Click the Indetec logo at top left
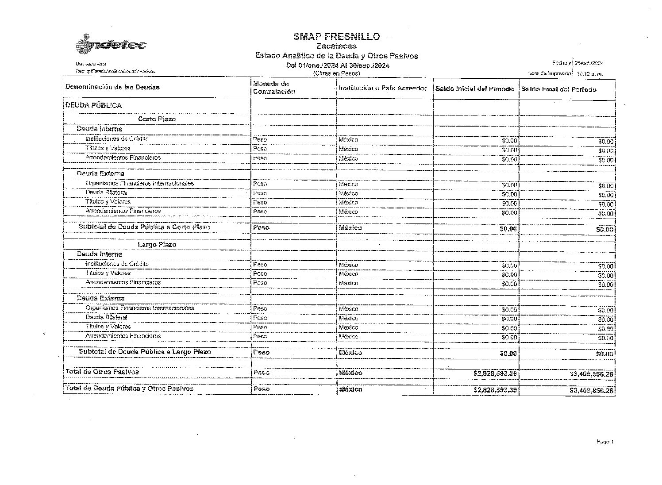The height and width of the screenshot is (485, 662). [x=111, y=45]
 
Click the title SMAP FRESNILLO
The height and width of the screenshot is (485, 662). [x=336, y=37]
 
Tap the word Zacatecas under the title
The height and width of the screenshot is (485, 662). [x=336, y=46]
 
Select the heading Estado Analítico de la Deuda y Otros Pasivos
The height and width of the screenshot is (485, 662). [x=336, y=56]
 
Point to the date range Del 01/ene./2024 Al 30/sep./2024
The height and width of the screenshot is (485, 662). [x=338, y=65]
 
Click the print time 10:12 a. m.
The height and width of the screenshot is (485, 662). [x=590, y=74]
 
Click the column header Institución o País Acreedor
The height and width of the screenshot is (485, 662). [x=383, y=88]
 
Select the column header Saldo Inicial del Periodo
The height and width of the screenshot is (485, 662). [x=474, y=89]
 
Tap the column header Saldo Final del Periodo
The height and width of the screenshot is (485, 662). [x=558, y=89]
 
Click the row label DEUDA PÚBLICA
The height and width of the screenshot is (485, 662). [x=93, y=105]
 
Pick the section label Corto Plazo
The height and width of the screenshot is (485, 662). [x=157, y=119]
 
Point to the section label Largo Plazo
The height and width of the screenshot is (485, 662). [x=157, y=244]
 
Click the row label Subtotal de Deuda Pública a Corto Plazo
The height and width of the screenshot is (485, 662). [x=144, y=227]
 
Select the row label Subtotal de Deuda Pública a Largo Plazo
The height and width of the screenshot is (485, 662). [x=145, y=352]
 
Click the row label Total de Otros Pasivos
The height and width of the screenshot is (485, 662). [x=102, y=372]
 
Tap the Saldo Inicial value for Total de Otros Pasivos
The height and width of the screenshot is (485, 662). [x=495, y=373]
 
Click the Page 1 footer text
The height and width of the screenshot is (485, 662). [x=605, y=442]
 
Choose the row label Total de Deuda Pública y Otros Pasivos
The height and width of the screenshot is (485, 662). [x=129, y=389]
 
